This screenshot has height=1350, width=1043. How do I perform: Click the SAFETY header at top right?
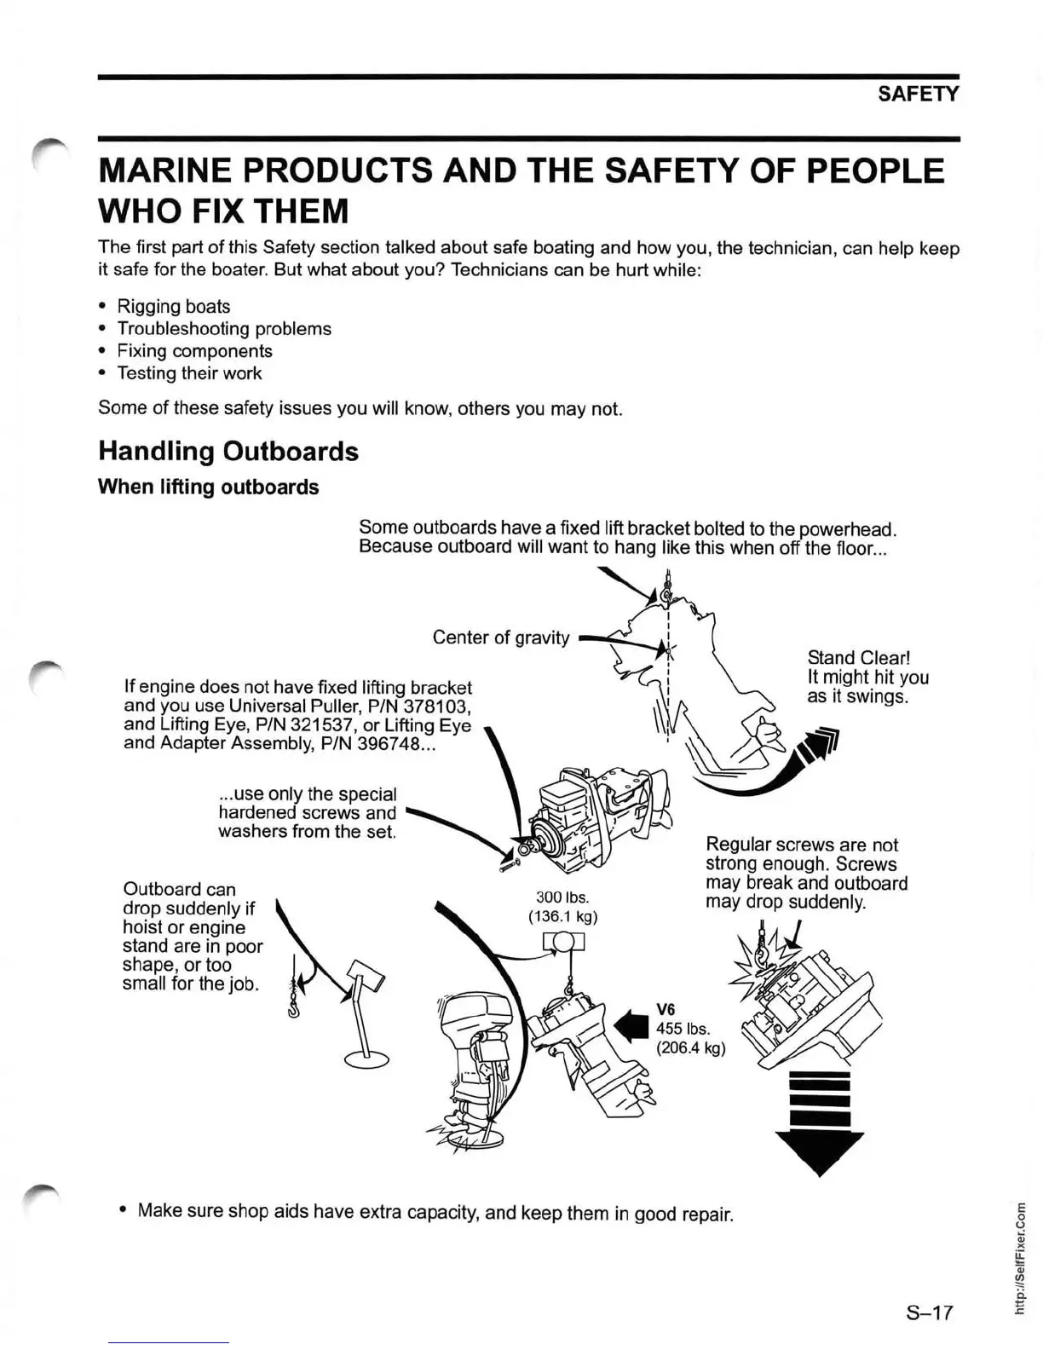tap(918, 94)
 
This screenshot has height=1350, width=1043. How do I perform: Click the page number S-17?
tap(929, 1312)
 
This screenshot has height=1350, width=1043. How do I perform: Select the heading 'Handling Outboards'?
tap(228, 451)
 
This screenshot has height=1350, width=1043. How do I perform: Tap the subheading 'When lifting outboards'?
tap(209, 487)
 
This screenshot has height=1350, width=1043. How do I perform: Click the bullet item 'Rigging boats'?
tap(173, 306)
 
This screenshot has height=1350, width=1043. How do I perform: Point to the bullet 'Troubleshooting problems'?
tap(224, 328)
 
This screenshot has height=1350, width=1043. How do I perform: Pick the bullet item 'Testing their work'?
tap(189, 372)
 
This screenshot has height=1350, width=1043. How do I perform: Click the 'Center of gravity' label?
tap(500, 637)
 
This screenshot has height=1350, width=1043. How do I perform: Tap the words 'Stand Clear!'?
tap(859, 658)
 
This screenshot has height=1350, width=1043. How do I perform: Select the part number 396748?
tap(380, 743)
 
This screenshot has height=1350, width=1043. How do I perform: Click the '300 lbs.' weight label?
tap(562, 897)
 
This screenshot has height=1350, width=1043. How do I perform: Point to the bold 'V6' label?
tap(666, 1009)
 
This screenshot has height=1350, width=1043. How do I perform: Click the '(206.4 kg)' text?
tap(690, 1047)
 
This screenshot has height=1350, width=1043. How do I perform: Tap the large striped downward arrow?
tap(820, 1122)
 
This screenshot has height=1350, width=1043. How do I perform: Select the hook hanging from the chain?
tap(293, 1010)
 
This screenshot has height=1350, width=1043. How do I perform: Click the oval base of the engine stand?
tap(366, 1059)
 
